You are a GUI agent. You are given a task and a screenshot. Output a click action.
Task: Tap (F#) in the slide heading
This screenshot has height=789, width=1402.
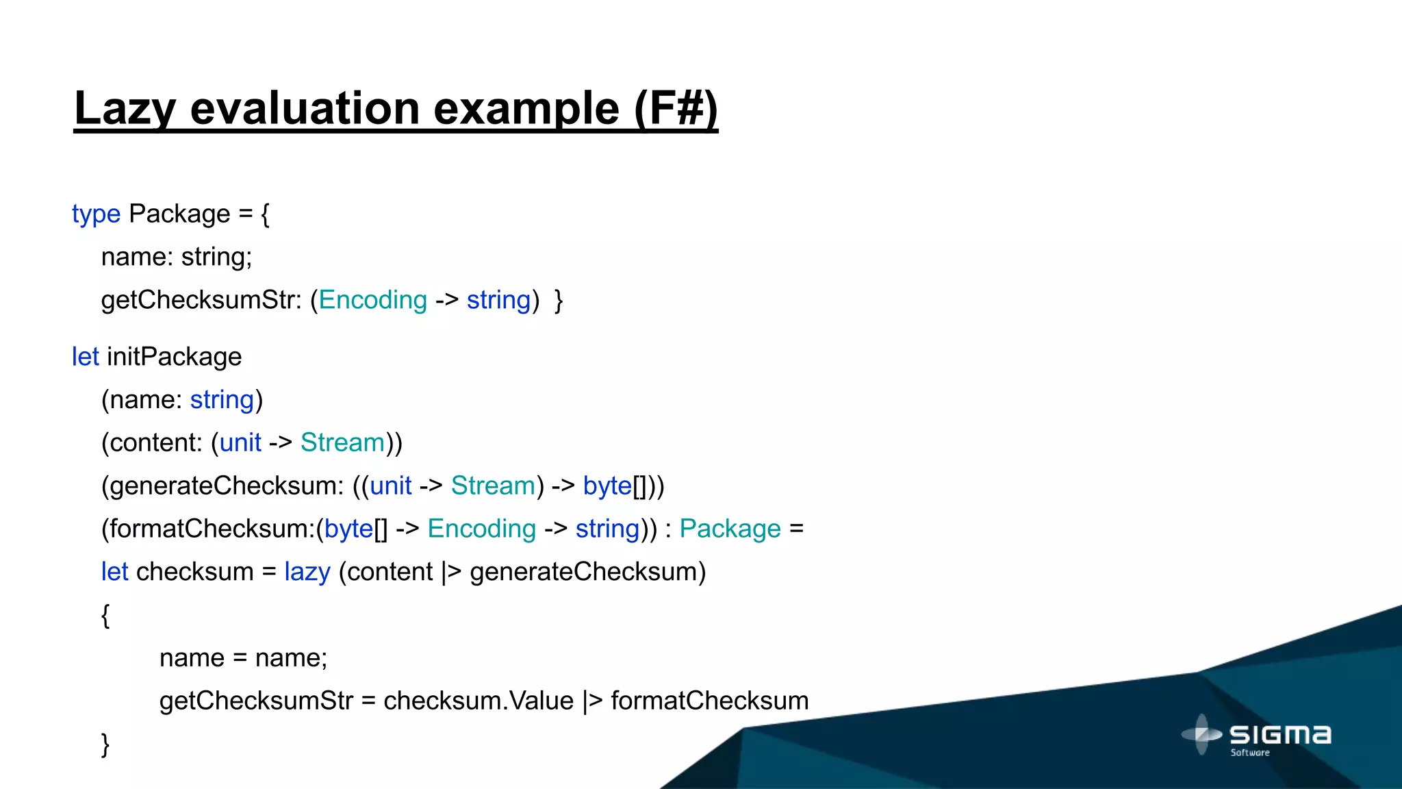coord(676,108)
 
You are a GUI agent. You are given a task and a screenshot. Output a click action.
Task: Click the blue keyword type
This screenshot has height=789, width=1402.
coord(96,214)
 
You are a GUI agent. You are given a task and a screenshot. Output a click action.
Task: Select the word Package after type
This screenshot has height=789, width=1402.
coord(179,214)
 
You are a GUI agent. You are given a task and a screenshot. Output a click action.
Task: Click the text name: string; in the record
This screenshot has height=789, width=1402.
coord(177,258)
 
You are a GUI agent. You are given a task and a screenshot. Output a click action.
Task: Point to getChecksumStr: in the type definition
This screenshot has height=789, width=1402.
coord(201,301)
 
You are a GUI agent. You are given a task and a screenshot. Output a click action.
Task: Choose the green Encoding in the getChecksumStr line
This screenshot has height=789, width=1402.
coord(372,301)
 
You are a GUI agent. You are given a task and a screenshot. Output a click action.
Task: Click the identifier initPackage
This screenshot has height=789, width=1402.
coord(174,357)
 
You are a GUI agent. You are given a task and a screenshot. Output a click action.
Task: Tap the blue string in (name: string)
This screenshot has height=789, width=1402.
coord(222,400)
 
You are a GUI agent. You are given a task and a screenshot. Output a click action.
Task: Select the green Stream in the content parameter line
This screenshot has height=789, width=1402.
coord(342,443)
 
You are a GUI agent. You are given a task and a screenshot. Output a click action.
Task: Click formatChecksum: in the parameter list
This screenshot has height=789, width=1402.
coord(207,529)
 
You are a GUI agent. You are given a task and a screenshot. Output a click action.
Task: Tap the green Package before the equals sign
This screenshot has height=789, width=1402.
coord(730,529)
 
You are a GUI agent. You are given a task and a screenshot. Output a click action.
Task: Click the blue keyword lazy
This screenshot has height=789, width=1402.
coord(307,572)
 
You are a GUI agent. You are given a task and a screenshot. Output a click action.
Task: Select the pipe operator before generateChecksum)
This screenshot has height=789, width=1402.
coord(451,572)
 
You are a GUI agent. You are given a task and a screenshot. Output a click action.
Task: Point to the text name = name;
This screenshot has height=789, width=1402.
coord(243,658)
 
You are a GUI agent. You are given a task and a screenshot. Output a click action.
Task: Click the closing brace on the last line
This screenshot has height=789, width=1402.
coord(105,744)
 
